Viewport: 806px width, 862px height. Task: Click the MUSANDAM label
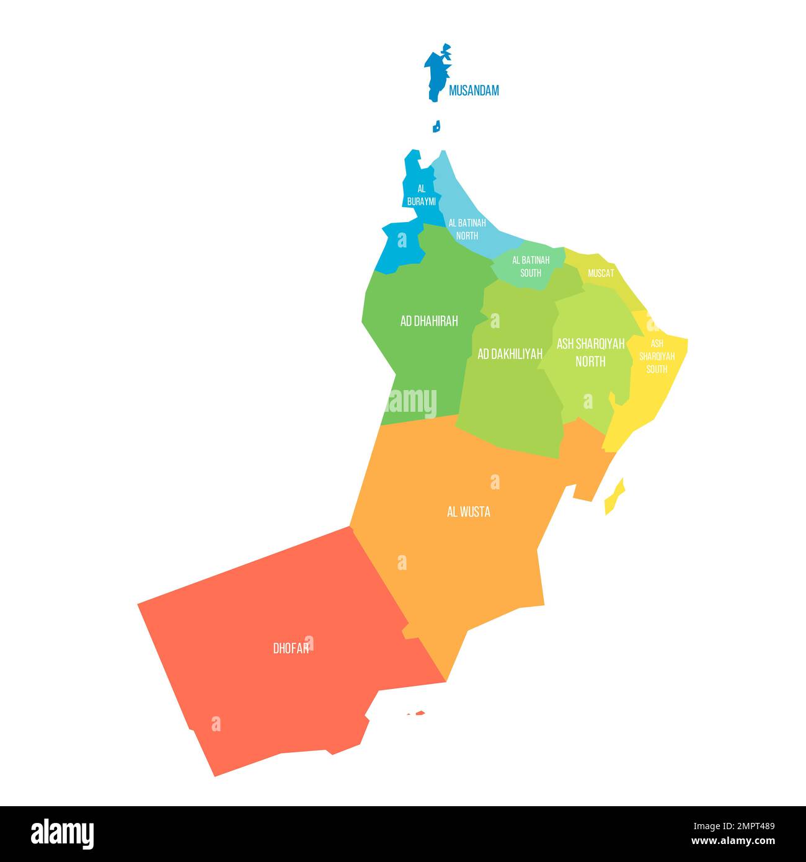click(474, 91)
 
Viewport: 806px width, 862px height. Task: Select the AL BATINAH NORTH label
click(467, 229)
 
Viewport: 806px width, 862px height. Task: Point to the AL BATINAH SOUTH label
click(531, 266)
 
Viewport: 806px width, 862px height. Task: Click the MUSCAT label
click(601, 273)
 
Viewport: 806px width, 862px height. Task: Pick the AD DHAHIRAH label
click(429, 321)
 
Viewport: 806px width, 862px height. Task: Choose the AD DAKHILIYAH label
click(510, 353)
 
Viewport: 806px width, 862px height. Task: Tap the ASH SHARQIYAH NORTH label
click(590, 352)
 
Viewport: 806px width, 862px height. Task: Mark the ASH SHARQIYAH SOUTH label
click(657, 356)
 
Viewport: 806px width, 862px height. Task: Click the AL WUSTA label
click(468, 512)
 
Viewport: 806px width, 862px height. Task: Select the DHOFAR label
click(291, 648)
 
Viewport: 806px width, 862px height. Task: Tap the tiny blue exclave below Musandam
click(436, 127)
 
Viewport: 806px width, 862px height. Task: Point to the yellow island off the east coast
click(614, 496)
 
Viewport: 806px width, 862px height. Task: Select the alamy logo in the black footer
click(62, 833)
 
